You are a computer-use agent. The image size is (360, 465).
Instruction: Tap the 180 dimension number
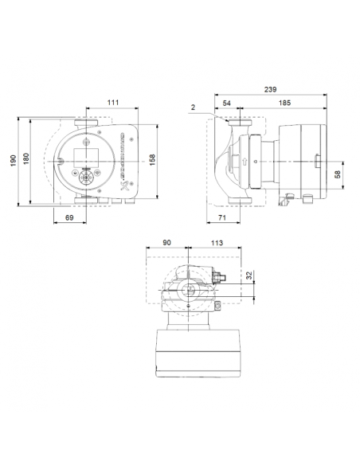click(x=26, y=162)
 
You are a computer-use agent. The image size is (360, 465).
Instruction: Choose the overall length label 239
click(x=272, y=90)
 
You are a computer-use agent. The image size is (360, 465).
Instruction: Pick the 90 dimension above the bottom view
click(x=166, y=244)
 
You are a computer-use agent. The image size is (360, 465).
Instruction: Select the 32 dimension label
click(x=249, y=275)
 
